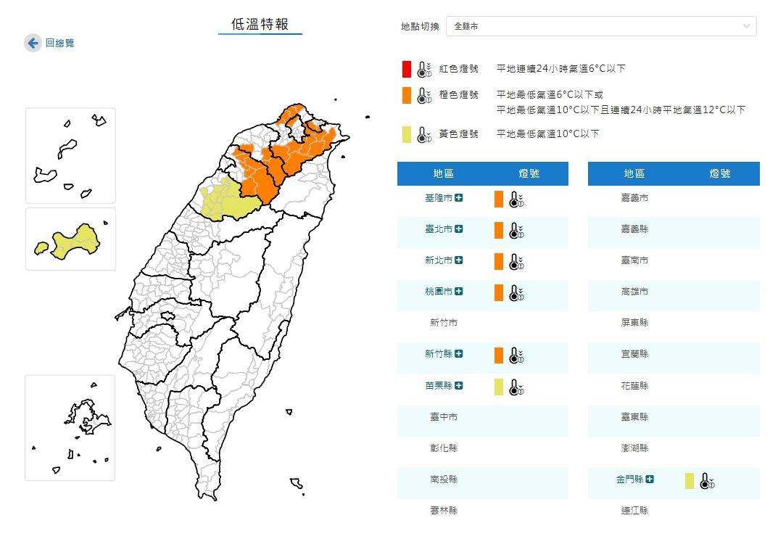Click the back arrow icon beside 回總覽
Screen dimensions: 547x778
(33, 44)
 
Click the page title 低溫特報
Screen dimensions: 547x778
(260, 25)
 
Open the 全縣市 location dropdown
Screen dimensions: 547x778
(601, 26)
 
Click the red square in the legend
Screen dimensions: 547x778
(407, 69)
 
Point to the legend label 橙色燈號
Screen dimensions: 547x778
(459, 95)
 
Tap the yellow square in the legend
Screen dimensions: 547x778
(407, 134)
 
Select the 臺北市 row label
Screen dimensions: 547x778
(439, 229)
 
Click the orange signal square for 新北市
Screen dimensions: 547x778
(499, 261)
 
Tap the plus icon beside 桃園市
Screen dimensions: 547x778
(458, 292)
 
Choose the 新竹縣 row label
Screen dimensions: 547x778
(439, 354)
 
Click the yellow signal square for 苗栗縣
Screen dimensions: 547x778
(499, 387)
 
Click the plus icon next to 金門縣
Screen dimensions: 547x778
(650, 479)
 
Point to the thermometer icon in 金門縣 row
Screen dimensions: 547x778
(706, 481)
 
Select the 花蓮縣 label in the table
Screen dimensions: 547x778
(634, 386)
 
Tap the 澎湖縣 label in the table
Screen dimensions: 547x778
(634, 448)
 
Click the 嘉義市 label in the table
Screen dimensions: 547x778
(634, 198)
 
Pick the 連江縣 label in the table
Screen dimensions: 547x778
(634, 511)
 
